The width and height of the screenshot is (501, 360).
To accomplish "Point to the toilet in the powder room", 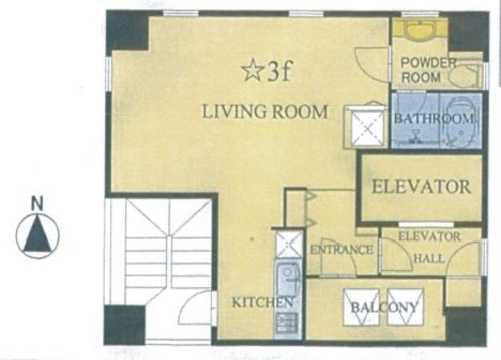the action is (465, 75).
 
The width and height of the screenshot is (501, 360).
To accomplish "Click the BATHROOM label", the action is (434, 119).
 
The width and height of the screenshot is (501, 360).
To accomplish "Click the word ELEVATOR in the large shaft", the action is (422, 187).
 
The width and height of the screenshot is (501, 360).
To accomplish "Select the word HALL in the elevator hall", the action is (429, 258).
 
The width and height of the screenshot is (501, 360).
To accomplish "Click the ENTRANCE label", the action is (341, 250).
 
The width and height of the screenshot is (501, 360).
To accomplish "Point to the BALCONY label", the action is (384, 308).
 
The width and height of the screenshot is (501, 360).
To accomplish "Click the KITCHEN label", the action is (262, 302).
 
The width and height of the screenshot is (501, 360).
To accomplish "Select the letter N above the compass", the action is (37, 204).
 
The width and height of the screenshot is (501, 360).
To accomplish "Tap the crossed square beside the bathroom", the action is (367, 126).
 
